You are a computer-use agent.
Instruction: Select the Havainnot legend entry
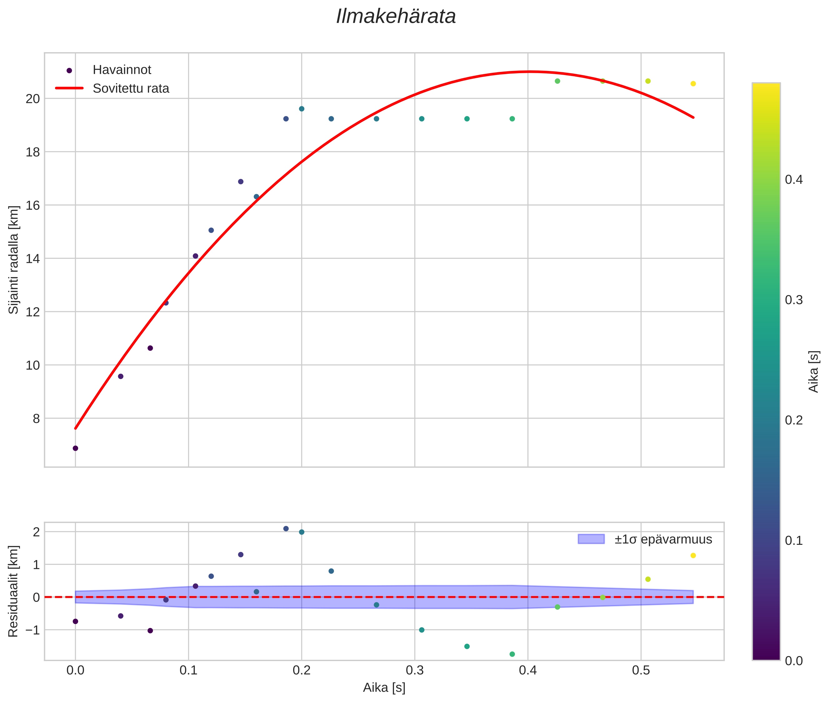121,70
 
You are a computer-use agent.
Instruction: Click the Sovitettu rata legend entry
131,88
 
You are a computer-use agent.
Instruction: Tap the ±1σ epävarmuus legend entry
662,539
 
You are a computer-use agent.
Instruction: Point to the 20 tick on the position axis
32,99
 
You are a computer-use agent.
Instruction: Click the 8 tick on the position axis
36,419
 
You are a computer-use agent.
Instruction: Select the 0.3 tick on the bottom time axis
415,670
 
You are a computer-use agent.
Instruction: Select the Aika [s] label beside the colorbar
814,371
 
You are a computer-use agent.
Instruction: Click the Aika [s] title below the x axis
384,688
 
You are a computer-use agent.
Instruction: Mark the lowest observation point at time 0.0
75,448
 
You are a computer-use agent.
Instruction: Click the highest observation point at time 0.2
302,109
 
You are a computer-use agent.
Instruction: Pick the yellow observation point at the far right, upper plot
693,83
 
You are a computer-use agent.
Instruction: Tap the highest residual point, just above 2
286,529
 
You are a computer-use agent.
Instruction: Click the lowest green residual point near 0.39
512,654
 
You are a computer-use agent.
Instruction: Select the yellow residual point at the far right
693,555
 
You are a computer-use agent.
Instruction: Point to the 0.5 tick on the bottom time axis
641,670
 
